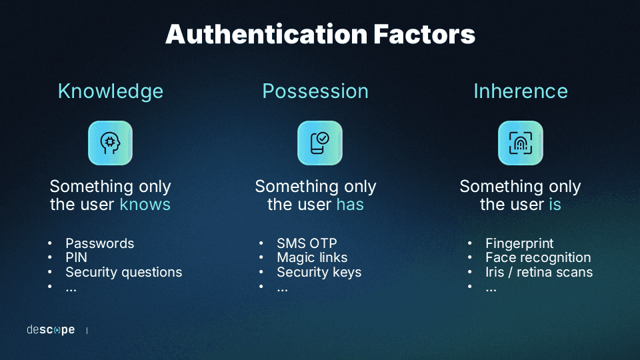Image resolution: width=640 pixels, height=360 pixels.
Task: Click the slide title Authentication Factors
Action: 320,35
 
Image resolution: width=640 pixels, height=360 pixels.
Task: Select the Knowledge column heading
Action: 111,91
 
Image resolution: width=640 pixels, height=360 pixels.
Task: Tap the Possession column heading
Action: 315,91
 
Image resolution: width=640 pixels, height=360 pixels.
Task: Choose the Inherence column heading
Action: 520,91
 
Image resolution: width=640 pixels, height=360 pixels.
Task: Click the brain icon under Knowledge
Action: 111,143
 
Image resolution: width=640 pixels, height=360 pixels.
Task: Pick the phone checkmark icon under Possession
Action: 320,143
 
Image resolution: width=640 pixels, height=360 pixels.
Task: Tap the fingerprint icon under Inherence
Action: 520,143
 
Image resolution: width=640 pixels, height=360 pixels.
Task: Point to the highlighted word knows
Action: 145,205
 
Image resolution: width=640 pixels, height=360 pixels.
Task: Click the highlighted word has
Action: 349,205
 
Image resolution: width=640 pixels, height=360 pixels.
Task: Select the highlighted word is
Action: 555,205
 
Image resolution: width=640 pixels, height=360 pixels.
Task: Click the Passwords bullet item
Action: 99,243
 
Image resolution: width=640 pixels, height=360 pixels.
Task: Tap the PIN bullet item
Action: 76,257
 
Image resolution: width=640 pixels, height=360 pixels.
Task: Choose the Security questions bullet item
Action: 123,272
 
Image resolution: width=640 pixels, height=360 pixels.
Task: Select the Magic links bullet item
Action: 312,257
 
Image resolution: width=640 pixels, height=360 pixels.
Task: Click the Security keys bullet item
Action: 319,272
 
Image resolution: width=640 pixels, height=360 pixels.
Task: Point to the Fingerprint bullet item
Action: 519,243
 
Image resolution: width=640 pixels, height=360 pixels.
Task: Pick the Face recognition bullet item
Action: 537,257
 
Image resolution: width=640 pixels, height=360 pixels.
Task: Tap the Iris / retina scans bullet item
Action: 539,272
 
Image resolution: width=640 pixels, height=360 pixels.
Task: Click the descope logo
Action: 51,330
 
